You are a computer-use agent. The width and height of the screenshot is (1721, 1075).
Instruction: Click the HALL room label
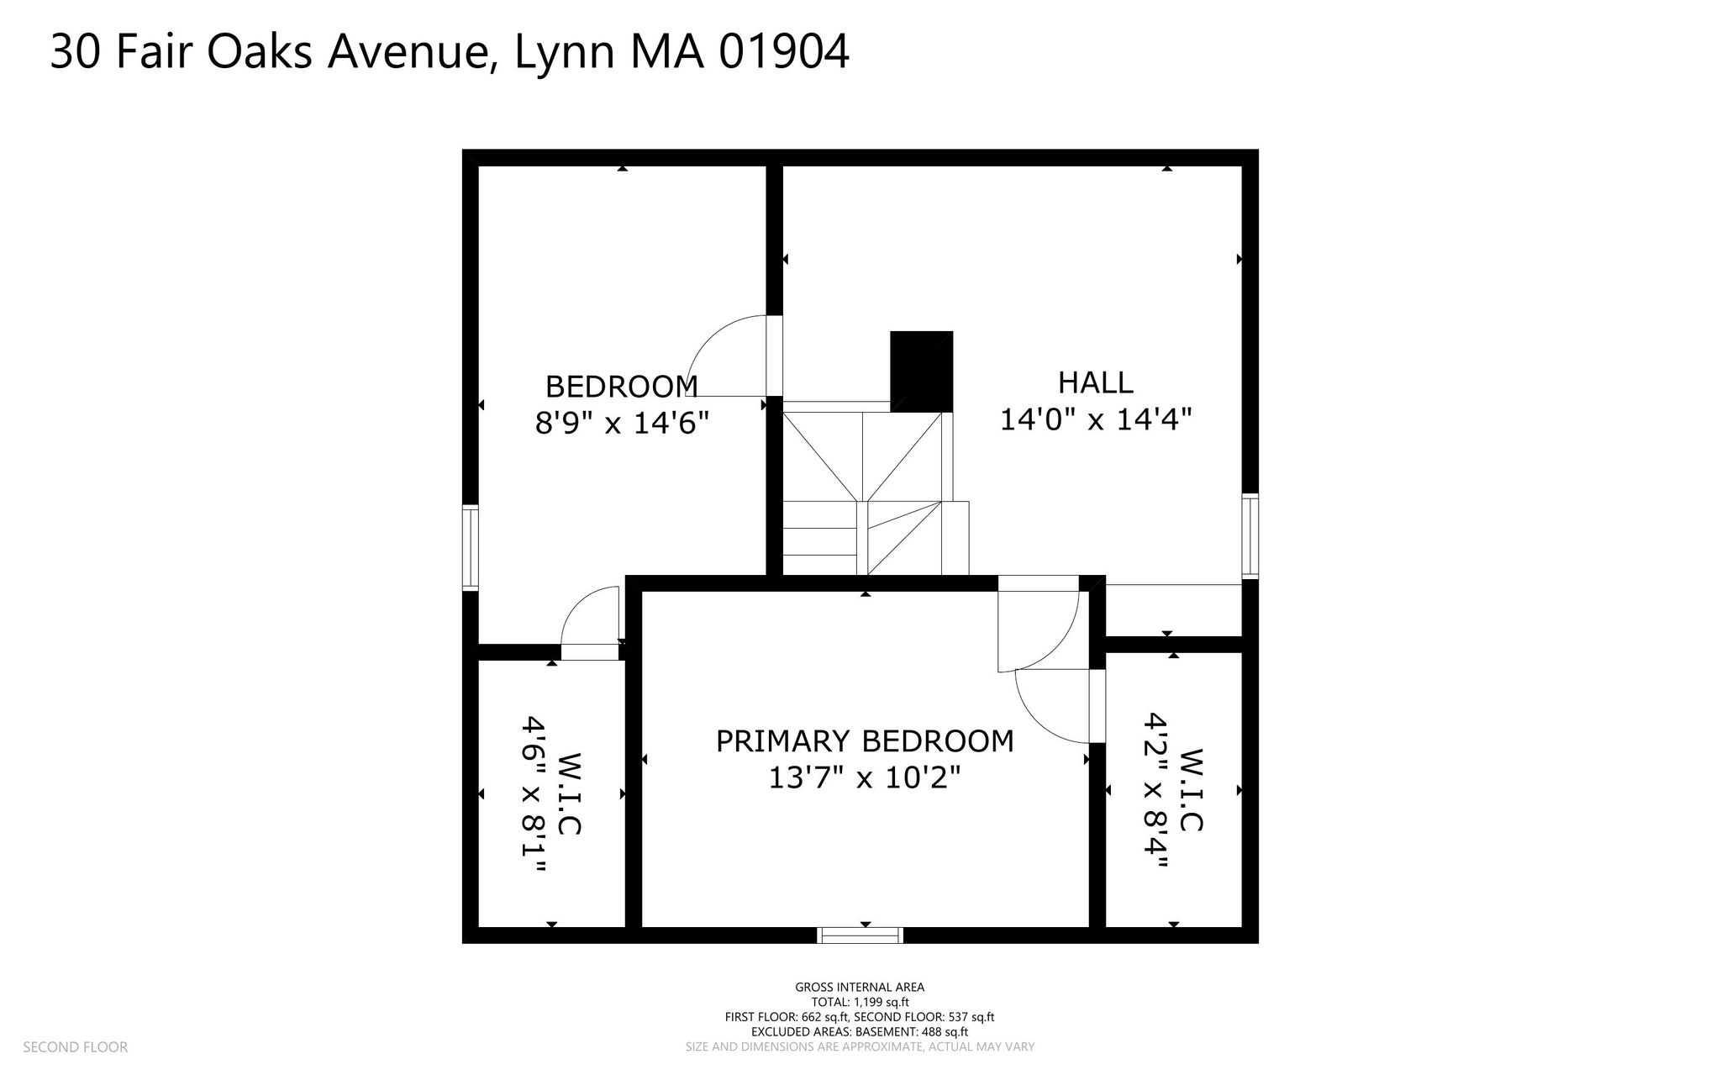(x=1095, y=383)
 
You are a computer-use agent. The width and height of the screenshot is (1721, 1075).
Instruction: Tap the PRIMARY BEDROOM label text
(x=865, y=741)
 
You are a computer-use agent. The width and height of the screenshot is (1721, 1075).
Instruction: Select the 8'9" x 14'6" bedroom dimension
(x=622, y=422)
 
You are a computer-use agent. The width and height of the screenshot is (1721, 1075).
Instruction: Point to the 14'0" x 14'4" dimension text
(x=1096, y=419)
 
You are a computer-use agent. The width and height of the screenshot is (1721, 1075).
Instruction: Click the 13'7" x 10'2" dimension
(x=865, y=778)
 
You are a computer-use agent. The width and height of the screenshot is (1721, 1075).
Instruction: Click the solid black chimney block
(x=922, y=371)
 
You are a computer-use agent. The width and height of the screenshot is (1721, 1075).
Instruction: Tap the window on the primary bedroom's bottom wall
(x=860, y=935)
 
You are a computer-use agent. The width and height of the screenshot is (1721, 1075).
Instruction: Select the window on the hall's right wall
(x=1250, y=535)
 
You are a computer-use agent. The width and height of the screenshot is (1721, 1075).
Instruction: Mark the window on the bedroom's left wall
(x=471, y=547)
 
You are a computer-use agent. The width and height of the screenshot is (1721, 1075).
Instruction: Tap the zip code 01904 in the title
(x=784, y=52)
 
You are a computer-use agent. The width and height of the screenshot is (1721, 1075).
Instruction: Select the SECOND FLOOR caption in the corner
(x=75, y=1047)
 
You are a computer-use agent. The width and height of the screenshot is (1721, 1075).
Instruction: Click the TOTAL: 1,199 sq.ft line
(x=860, y=1002)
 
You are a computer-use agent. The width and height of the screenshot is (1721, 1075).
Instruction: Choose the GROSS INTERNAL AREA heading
(x=860, y=988)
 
